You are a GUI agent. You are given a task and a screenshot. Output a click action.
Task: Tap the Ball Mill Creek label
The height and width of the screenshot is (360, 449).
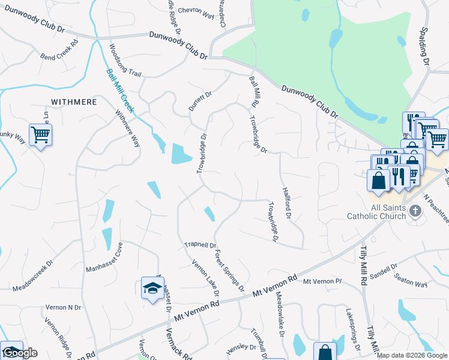121,91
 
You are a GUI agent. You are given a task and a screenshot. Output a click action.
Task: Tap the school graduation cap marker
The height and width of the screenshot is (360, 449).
152,289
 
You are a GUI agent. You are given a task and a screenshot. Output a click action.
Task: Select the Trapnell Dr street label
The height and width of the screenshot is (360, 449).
200,245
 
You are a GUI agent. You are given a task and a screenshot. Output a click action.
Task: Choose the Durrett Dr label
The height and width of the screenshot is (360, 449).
200,101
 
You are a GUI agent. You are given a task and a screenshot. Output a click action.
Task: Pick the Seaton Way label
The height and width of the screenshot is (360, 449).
411,280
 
